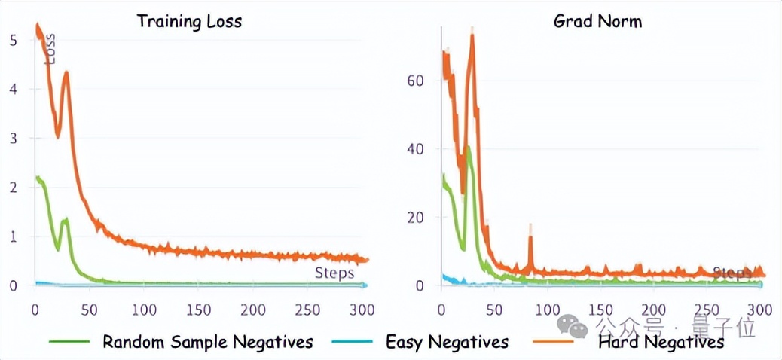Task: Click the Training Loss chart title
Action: [x=189, y=21]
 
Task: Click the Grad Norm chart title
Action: [x=597, y=21]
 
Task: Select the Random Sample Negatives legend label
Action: [x=207, y=342]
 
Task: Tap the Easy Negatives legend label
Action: [x=447, y=343]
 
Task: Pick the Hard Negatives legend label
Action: [x=661, y=343]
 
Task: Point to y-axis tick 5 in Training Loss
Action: [x=11, y=39]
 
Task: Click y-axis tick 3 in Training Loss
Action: [x=11, y=138]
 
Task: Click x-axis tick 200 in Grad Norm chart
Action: [x=654, y=309]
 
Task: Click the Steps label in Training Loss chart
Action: [x=334, y=273]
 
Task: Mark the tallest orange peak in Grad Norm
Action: [x=472, y=35]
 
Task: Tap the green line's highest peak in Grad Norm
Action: [x=469, y=148]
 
